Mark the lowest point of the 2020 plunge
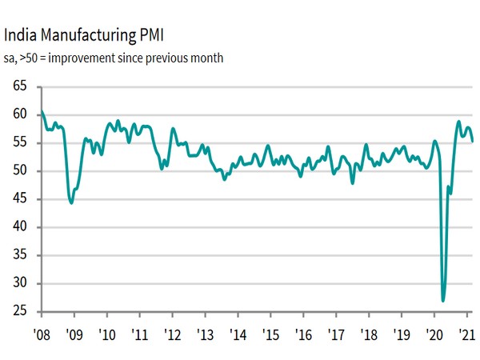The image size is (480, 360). pyautogui.click(x=443, y=301)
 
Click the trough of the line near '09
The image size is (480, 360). pyautogui.click(x=71, y=203)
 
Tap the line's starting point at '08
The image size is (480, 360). pyautogui.click(x=42, y=110)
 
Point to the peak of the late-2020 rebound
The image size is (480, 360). pyautogui.click(x=459, y=122)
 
